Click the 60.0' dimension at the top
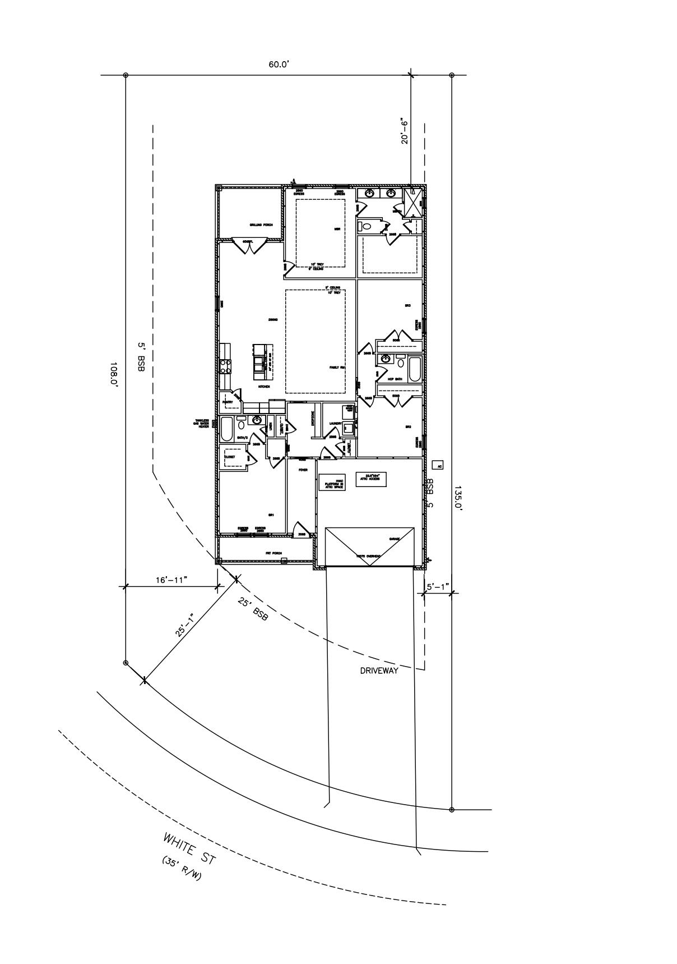(279, 64)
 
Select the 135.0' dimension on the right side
(458, 497)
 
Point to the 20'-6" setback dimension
(405, 131)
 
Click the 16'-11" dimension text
(171, 580)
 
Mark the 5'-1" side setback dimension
(437, 587)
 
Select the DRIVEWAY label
(379, 671)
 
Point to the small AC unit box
(439, 465)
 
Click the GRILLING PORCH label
(261, 225)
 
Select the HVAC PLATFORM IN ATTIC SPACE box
(332, 482)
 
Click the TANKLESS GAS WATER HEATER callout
(201, 423)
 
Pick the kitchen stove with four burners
(225, 366)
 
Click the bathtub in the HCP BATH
(415, 369)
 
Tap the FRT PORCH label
(272, 553)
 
